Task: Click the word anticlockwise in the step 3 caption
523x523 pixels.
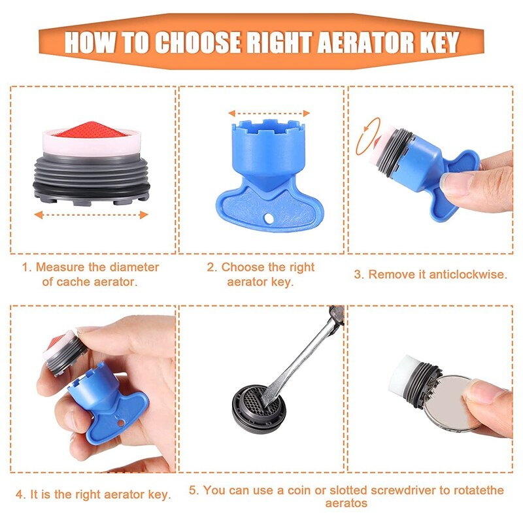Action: pyautogui.click(x=468, y=275)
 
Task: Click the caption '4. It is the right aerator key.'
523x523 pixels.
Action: pyautogui.click(x=93, y=494)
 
